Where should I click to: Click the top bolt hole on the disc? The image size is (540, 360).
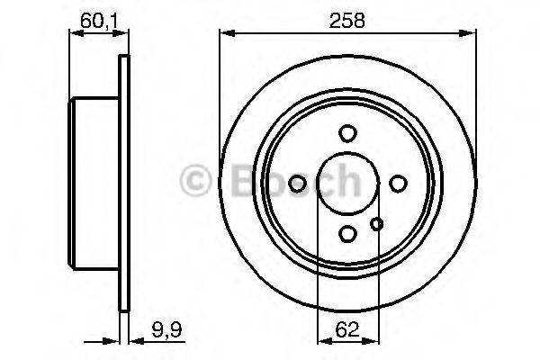tap(347, 133)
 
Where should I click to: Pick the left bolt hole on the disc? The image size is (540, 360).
tap(297, 184)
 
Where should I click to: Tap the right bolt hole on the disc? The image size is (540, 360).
tap(397, 184)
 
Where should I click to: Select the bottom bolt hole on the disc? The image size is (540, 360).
tap(347, 234)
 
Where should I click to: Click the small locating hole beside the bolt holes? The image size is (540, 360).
tap(377, 224)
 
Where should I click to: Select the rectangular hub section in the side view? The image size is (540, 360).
tap(94, 184)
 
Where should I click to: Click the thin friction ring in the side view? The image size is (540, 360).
tap(124, 184)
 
